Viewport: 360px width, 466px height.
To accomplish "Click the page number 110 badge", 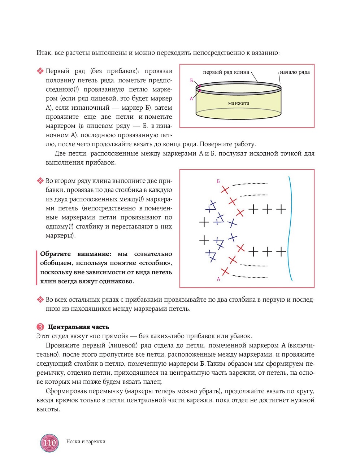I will [x=49, y=443].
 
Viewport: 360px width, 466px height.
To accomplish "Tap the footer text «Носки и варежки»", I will [x=86, y=441].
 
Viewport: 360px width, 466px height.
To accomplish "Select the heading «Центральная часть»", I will [x=78, y=327].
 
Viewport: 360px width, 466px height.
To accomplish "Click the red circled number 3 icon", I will [x=40, y=327].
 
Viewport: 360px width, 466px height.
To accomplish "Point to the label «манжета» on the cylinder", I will [x=239, y=103].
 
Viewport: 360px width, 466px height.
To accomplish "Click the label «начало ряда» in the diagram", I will [x=295, y=72].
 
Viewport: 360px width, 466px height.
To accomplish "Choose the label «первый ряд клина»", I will [x=226, y=72].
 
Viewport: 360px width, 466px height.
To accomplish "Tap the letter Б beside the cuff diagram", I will [x=192, y=80].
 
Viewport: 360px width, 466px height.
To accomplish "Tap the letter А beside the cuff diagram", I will [x=191, y=99].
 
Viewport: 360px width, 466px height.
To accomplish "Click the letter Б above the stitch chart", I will [x=218, y=181].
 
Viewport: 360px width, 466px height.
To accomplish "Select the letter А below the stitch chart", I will [x=218, y=279].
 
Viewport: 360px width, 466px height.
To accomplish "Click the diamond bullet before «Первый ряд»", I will [x=40, y=71].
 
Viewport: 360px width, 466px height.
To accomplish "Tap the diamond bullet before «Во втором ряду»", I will [x=40, y=181].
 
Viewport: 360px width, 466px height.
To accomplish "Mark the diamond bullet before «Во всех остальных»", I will [x=40, y=300].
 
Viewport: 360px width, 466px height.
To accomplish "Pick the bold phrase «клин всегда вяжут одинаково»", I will [x=87, y=282].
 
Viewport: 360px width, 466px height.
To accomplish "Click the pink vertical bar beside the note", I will [x=37, y=267].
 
